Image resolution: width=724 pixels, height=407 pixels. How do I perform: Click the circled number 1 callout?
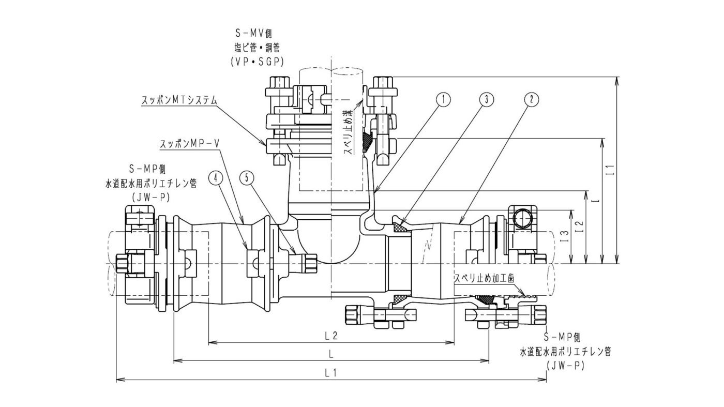(443, 99)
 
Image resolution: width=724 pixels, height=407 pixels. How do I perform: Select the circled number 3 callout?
(486, 99)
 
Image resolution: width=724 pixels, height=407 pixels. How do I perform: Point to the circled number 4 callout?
(216, 177)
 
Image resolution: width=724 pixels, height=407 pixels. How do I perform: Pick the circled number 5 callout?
(247, 177)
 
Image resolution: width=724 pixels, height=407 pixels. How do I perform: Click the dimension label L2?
(331, 336)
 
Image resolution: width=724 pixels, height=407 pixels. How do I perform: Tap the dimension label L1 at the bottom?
(331, 372)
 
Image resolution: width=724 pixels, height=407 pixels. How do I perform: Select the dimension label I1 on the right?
(611, 169)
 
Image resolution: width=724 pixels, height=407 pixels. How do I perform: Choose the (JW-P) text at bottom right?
(566, 365)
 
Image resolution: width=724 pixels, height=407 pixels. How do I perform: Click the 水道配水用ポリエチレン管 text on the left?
(151, 183)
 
